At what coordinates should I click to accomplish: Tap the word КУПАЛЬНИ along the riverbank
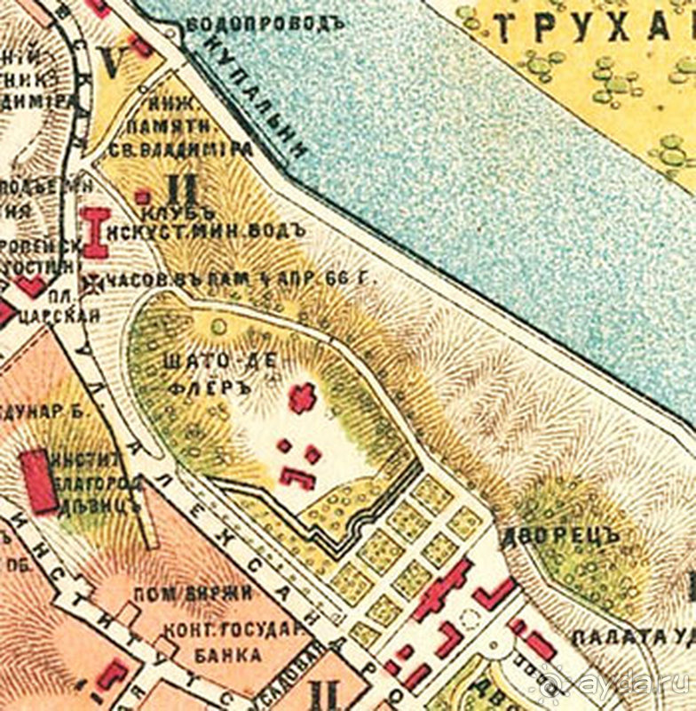tap(258, 101)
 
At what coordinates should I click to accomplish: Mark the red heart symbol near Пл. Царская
tap(32, 286)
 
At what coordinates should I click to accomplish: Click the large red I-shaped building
tap(95, 233)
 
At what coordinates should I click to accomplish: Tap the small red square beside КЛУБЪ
tap(141, 196)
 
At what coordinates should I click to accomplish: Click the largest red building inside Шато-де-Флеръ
tap(302, 398)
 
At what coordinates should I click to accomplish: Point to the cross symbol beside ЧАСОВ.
tap(91, 284)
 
